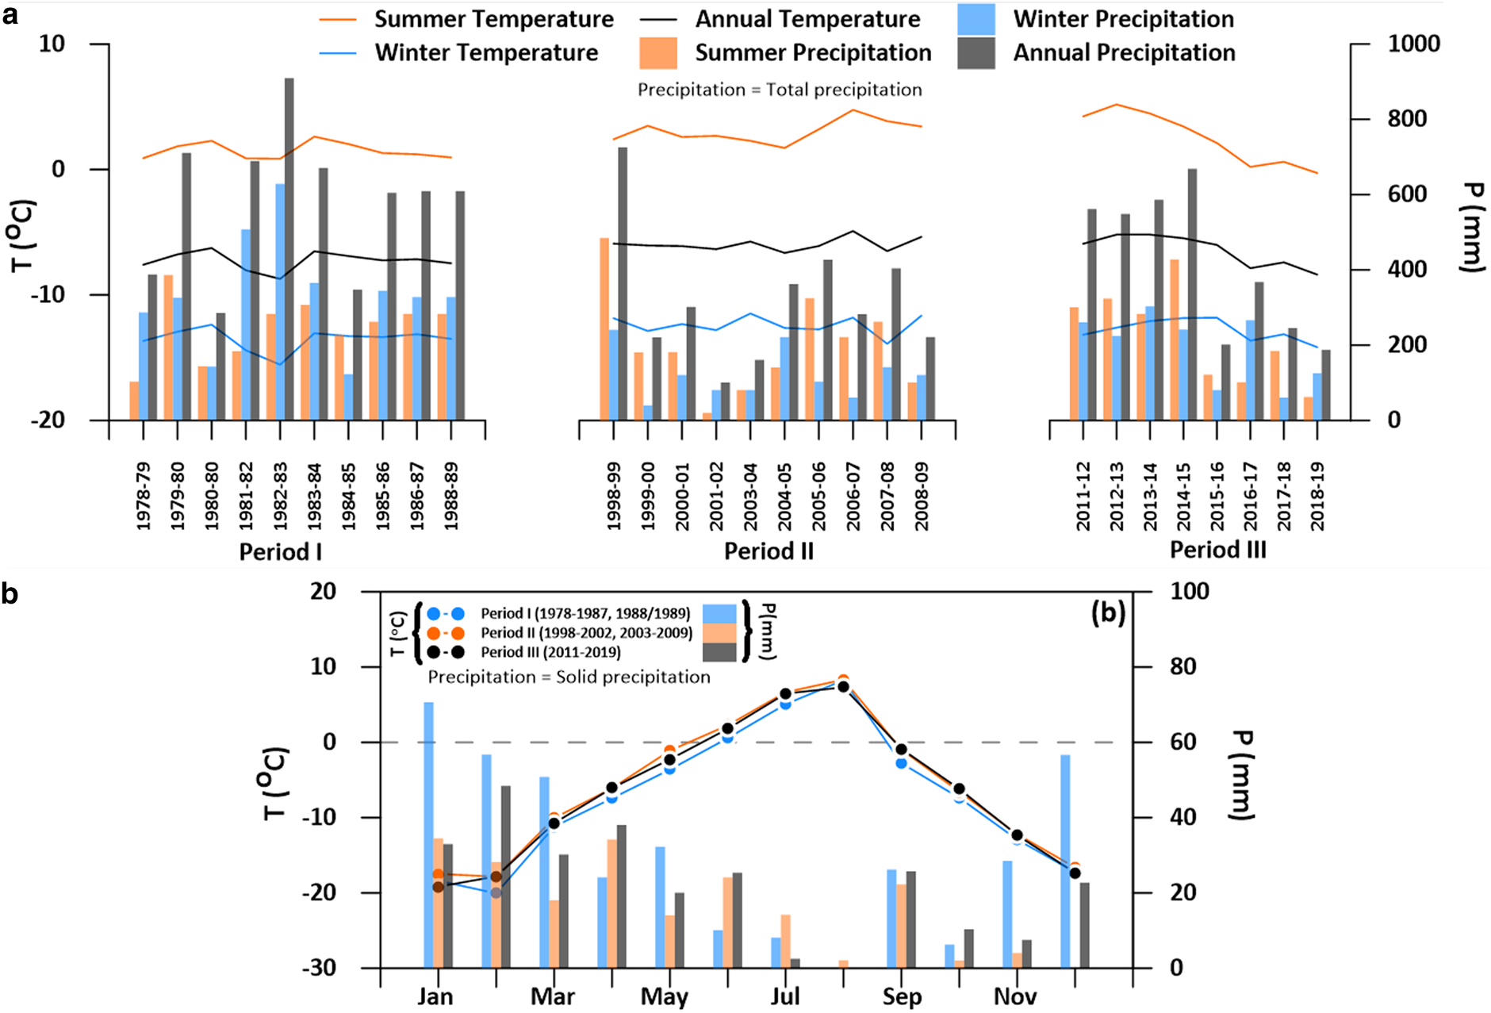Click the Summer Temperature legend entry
tap(493, 19)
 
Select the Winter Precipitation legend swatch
tap(975, 19)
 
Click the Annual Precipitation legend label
tap(1124, 53)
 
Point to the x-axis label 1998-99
tap(613, 497)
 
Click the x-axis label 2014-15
tap(1183, 497)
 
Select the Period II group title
tap(768, 551)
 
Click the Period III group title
tap(1217, 550)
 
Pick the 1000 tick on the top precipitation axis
tap(1413, 44)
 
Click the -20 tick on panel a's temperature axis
tap(48, 420)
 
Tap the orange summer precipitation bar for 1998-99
tap(604, 328)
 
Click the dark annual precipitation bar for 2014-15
tap(1192, 294)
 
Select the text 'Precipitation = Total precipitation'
tap(780, 90)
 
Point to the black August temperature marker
tap(844, 687)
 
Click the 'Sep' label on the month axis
tap(902, 997)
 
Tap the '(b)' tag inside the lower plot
tap(1108, 613)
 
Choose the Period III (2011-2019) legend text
tap(550, 652)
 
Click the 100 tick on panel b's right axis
tap(1190, 591)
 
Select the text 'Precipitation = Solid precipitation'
tap(569, 677)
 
